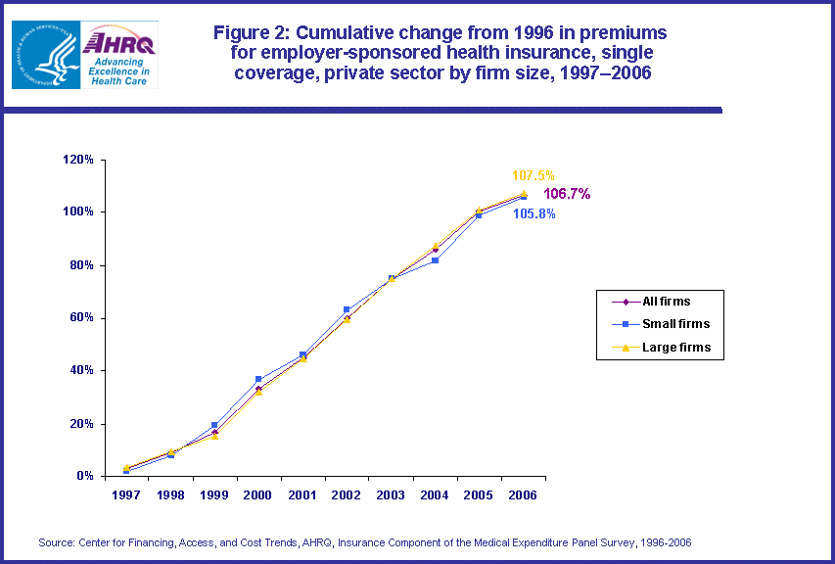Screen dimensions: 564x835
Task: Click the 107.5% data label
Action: pos(533,175)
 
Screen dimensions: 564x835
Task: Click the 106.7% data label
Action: pos(567,194)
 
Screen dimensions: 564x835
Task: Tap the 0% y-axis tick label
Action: pos(86,477)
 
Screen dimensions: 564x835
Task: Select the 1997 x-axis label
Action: pos(125,495)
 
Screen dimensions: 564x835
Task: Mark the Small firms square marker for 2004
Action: pos(435,260)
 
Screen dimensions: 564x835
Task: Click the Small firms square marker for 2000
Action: pos(258,379)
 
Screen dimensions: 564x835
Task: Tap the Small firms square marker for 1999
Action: pos(214,425)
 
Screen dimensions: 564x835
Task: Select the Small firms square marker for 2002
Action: pos(347,309)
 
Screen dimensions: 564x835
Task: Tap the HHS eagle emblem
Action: pos(46,54)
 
